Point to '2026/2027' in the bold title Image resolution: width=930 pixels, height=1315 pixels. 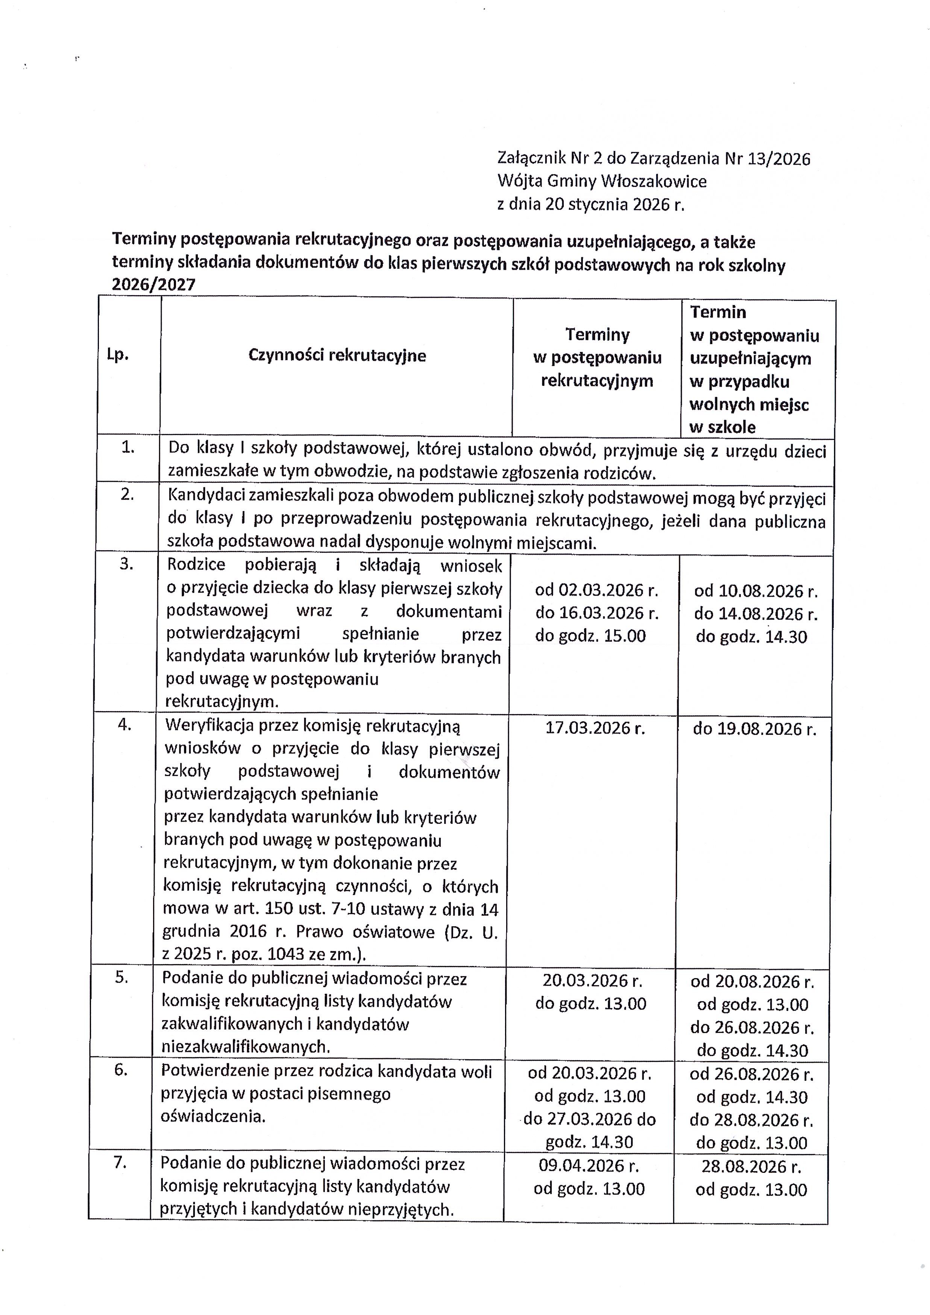153,285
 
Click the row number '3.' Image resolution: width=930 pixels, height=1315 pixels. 126,564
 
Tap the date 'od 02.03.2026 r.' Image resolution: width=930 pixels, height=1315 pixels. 596,590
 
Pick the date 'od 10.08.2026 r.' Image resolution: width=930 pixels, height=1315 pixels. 756,591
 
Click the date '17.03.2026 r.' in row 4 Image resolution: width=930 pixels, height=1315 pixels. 595,728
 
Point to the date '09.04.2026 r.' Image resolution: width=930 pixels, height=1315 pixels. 589,1165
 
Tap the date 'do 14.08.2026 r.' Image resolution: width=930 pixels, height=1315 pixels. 756,614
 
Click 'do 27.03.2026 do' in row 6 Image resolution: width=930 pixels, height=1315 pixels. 589,1119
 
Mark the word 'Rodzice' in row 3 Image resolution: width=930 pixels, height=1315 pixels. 196,565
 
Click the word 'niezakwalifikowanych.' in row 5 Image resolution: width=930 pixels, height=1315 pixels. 246,1047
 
